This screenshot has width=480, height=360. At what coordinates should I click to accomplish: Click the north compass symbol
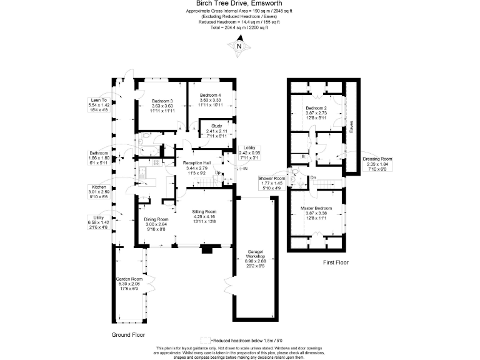[x=239, y=46]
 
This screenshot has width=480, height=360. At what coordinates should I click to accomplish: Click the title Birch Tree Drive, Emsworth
[x=239, y=3]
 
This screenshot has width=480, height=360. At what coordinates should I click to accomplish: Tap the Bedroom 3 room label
[x=162, y=101]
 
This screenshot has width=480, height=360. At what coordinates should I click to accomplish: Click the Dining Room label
[x=157, y=219]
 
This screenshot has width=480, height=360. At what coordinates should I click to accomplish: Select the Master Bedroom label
[x=315, y=208]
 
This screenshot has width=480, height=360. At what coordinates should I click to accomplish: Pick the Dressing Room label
[x=377, y=159]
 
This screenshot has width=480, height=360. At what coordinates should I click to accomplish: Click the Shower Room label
[x=272, y=178]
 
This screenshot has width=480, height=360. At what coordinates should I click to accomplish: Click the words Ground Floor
[x=129, y=334]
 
